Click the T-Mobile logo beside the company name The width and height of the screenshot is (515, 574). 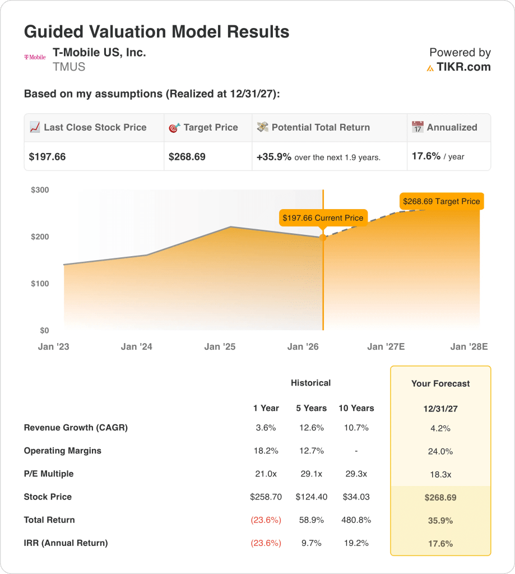point(35,57)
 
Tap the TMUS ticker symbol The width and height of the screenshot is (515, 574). point(68,67)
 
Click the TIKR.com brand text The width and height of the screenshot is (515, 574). point(463,67)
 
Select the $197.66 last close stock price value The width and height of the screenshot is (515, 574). point(47,157)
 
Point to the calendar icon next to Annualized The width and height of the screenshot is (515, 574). point(417,127)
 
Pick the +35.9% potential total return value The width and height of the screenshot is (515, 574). point(274,157)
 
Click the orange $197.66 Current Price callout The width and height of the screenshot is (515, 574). point(323,217)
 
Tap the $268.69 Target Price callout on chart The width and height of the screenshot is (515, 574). point(442,201)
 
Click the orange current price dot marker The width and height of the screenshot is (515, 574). point(323,238)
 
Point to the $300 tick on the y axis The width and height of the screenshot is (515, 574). point(40,190)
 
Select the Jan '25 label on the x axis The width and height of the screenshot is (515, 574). point(220,347)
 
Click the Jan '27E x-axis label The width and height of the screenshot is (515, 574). point(386,347)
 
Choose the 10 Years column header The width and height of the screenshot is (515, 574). point(356,408)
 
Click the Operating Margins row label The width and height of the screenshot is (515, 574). point(62,451)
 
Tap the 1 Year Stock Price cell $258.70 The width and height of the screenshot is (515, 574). point(266,497)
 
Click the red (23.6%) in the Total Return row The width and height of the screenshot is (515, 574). point(266,520)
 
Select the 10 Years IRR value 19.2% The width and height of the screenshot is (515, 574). point(356,543)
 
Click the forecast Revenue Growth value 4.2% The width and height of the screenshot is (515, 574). point(440,428)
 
